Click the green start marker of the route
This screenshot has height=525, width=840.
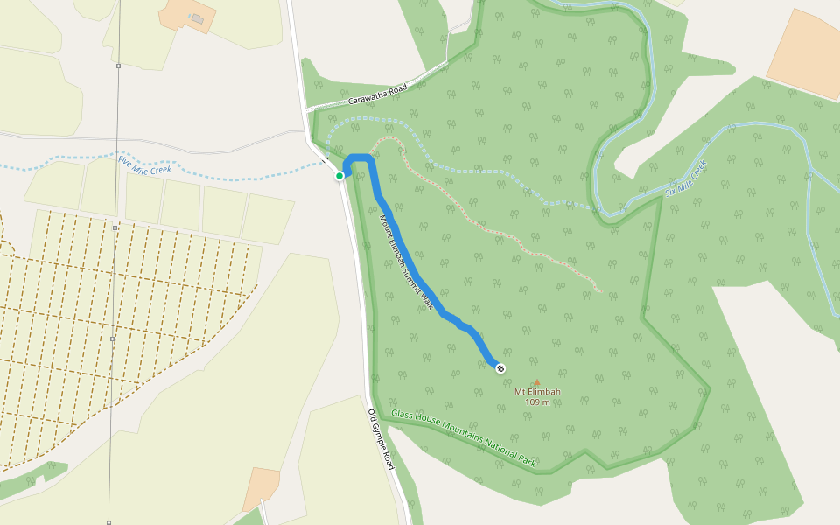339,176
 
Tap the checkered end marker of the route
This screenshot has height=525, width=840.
500,368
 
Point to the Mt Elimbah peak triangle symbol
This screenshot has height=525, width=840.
537,381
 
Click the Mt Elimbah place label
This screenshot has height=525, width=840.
537,392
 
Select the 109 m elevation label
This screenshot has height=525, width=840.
537,402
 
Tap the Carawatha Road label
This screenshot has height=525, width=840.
378,95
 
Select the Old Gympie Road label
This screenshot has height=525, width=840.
381,439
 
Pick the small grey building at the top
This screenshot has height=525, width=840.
198,18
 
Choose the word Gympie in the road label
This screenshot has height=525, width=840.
381,438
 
